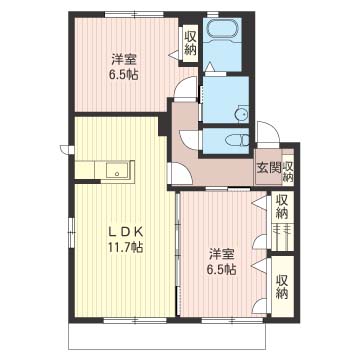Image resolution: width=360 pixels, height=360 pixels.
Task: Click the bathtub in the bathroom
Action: [x=222, y=28]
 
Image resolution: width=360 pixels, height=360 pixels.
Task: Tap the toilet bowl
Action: [x=237, y=141]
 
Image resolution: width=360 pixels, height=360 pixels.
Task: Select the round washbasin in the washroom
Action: [x=241, y=115]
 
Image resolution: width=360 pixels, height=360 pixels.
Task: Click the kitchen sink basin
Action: [x=117, y=171]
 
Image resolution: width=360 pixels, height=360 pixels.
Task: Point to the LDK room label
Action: [x=125, y=231]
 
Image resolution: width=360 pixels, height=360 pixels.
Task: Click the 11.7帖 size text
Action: [x=125, y=247]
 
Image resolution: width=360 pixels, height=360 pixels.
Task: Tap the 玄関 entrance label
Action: [x=268, y=168]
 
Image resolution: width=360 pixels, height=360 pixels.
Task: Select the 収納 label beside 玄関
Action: [x=288, y=170]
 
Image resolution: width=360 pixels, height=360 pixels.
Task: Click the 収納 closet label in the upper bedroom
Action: [x=190, y=43]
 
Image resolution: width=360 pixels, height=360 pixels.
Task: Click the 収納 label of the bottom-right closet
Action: [x=282, y=287]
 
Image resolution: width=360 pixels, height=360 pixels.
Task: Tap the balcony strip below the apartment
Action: [x=167, y=336]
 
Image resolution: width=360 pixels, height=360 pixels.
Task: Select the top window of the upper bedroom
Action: [x=134, y=14]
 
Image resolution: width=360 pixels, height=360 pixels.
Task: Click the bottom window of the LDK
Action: [x=135, y=320]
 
